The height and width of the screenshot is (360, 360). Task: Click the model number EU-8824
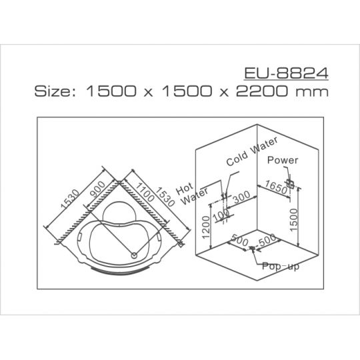pyautogui.click(x=286, y=73)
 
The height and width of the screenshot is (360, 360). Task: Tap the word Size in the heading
pyautogui.click(x=55, y=91)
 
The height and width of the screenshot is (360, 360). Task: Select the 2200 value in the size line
pyautogui.click(x=262, y=91)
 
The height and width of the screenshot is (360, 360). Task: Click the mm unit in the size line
pyautogui.click(x=312, y=92)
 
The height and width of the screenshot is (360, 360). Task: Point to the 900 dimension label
pyautogui.click(x=98, y=189)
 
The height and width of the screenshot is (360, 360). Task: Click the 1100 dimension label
pyautogui.click(x=144, y=192)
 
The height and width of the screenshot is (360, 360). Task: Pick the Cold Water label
pyautogui.click(x=252, y=151)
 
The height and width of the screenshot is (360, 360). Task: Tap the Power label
pyautogui.click(x=283, y=160)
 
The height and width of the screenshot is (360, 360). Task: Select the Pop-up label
pyautogui.click(x=281, y=266)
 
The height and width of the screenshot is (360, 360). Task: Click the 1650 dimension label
pyautogui.click(x=276, y=187)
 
